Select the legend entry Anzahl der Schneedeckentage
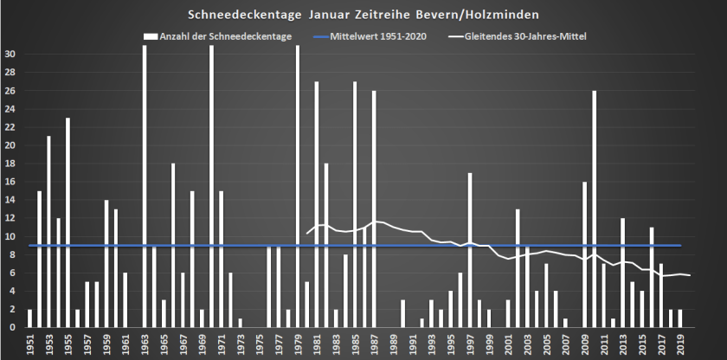(225, 36)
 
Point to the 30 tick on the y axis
(10, 54)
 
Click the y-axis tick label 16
(10, 181)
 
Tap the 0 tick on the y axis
(13, 327)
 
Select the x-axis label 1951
(30, 344)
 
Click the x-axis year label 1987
(374, 344)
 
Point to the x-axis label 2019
(680, 344)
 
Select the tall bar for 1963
(145, 186)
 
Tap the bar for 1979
(298, 186)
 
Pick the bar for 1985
(355, 204)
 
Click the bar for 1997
(470, 250)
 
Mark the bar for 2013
(623, 273)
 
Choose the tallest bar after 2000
(595, 209)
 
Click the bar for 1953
(48, 231)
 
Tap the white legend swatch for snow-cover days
(150, 36)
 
